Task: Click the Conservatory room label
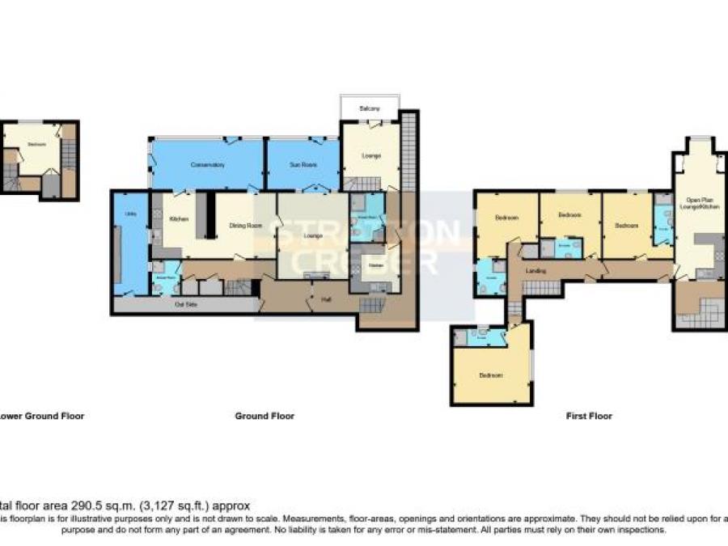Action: click(207, 165)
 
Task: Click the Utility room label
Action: click(130, 214)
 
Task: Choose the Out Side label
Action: click(187, 305)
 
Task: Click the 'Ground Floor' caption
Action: click(265, 417)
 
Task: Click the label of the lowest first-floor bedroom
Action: click(491, 375)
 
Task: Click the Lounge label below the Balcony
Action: click(371, 155)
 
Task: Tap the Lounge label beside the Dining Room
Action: click(313, 235)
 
